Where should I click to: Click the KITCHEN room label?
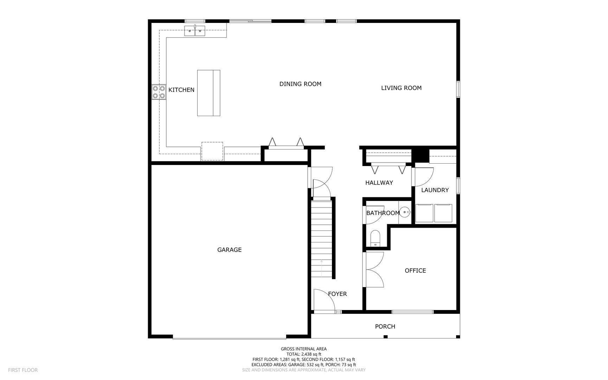pyautogui.click(x=181, y=90)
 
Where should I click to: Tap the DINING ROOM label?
pyautogui.click(x=300, y=84)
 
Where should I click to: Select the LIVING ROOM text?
pyautogui.click(x=401, y=88)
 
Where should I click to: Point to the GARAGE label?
pyautogui.click(x=229, y=250)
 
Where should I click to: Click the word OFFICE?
pyautogui.click(x=415, y=271)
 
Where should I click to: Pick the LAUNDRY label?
pyautogui.click(x=435, y=190)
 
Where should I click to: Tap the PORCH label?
pyautogui.click(x=385, y=327)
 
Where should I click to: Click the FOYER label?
pyautogui.click(x=337, y=294)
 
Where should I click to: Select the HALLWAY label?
pyautogui.click(x=379, y=183)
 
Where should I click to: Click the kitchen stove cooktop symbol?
pyautogui.click(x=159, y=92)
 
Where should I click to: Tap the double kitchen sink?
pyautogui.click(x=195, y=31)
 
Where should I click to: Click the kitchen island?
pyautogui.click(x=209, y=93)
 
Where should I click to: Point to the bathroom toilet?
pyautogui.click(x=375, y=238)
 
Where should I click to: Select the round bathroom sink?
pyautogui.click(x=405, y=212)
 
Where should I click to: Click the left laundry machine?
pyautogui.click(x=424, y=213)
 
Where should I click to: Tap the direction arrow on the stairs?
pyautogui.click(x=321, y=267)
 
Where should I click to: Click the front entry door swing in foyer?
pyautogui.click(x=324, y=301)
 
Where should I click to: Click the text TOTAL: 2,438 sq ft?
pyautogui.click(x=303, y=354)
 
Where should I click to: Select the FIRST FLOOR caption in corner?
pyautogui.click(x=23, y=370)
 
